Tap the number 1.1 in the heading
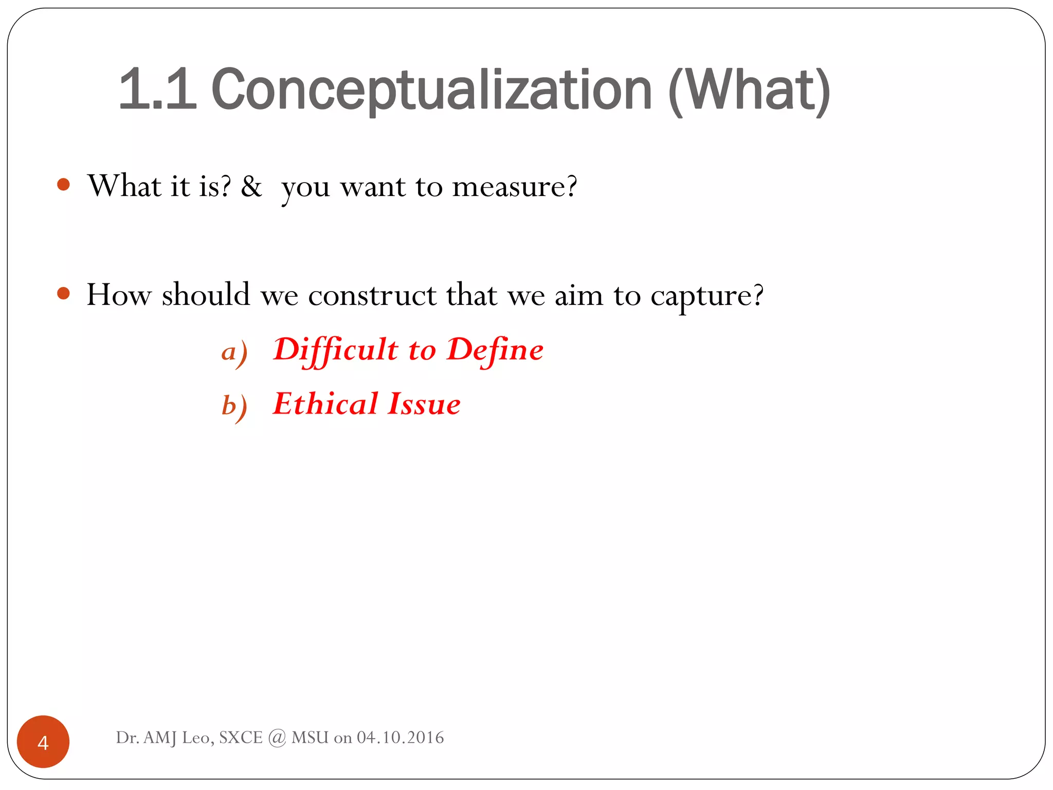point(157,90)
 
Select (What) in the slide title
point(749,91)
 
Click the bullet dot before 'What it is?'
point(63,185)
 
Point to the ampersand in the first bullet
point(251,186)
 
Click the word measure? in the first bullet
point(514,186)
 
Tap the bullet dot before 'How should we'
point(63,294)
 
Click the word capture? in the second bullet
point(707,296)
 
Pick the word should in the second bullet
point(206,295)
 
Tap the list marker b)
point(234,406)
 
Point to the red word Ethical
point(325,404)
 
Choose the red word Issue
point(424,404)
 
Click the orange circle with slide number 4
point(43,742)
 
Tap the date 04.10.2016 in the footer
point(400,738)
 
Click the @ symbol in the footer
point(277,738)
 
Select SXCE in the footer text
point(241,738)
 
